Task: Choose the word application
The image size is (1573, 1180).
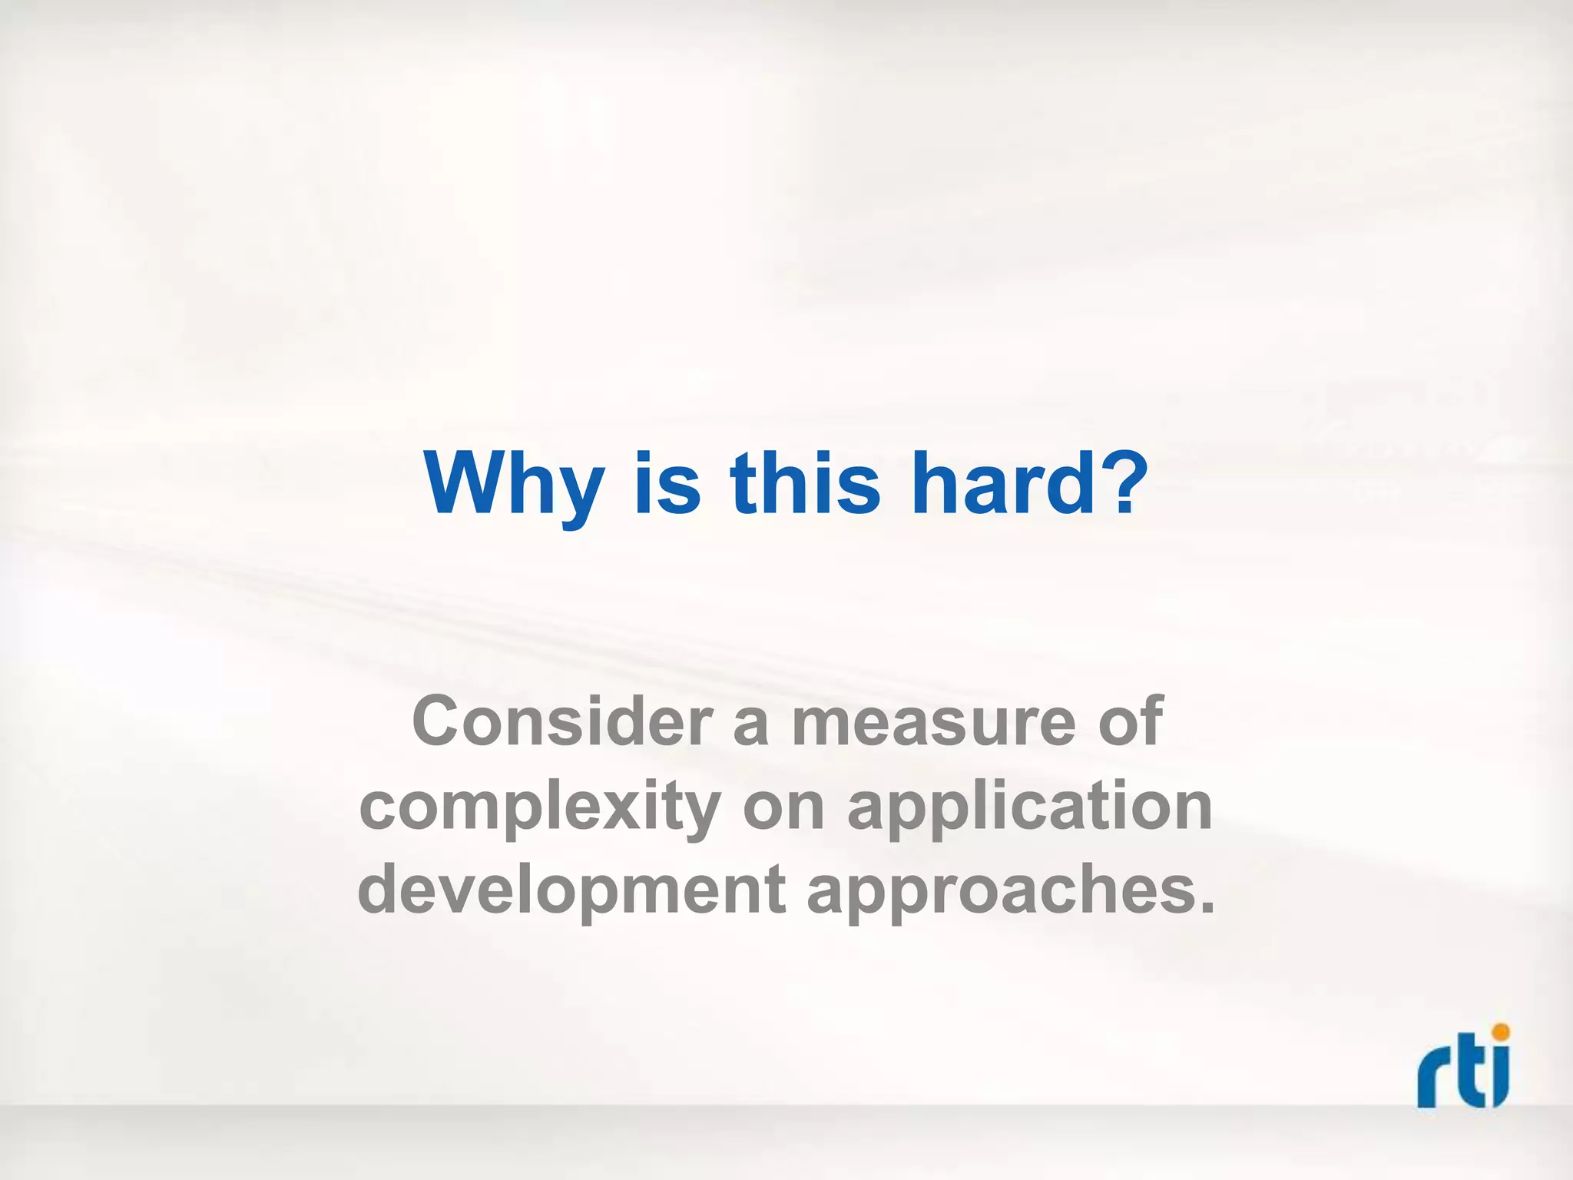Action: (1029, 808)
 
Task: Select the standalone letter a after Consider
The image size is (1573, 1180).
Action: (751, 726)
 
